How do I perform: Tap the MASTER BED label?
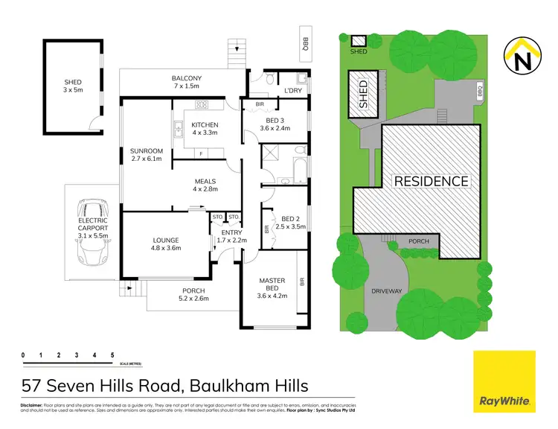tap(272, 285)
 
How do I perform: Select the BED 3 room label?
tap(275, 124)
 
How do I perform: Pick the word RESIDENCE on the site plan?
tap(431, 181)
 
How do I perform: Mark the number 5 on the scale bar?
tap(112, 355)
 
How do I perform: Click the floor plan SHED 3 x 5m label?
tap(72, 86)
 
